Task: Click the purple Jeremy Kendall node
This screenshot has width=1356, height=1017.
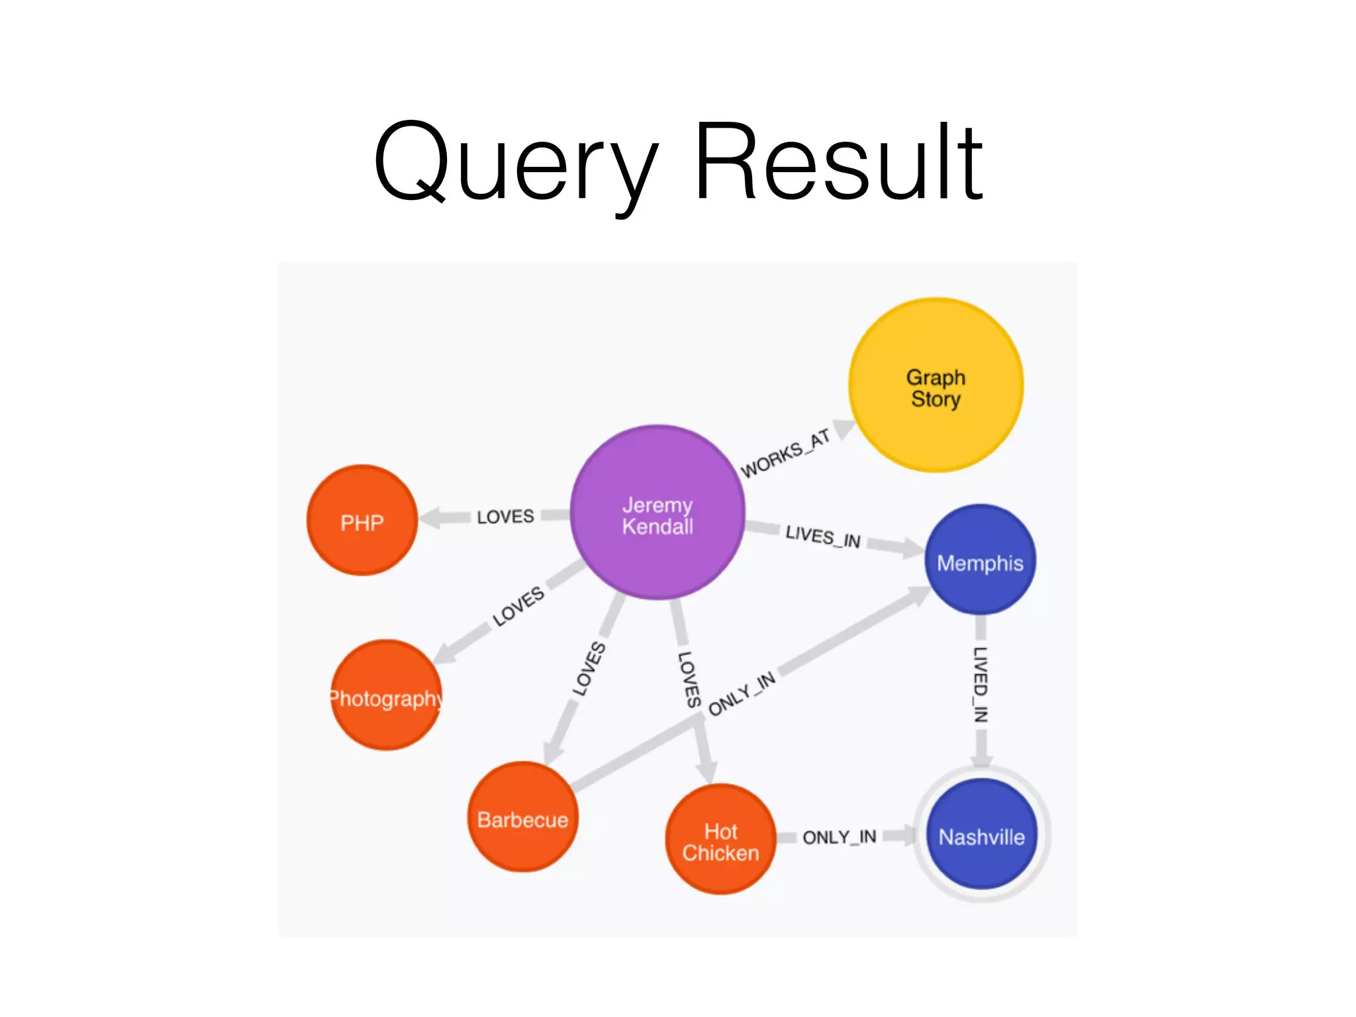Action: (x=657, y=513)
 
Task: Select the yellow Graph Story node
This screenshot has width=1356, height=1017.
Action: (x=936, y=385)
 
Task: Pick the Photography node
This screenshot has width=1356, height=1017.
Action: (x=386, y=695)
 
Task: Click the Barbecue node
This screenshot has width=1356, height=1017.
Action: (x=522, y=817)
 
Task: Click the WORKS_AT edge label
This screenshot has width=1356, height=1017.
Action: (x=785, y=454)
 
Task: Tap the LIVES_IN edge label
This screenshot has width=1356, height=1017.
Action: (x=823, y=536)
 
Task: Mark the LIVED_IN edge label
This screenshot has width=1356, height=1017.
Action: (x=981, y=684)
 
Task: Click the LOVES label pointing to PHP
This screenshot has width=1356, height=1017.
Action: (x=505, y=516)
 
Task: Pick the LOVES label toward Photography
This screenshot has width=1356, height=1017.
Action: (x=518, y=606)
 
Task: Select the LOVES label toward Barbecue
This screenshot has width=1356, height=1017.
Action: (x=589, y=669)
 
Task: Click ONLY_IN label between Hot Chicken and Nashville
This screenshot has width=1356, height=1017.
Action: (x=839, y=838)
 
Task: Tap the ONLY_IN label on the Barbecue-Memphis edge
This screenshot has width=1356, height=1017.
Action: (x=742, y=694)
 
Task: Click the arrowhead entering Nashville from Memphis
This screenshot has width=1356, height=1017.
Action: (x=981, y=758)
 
